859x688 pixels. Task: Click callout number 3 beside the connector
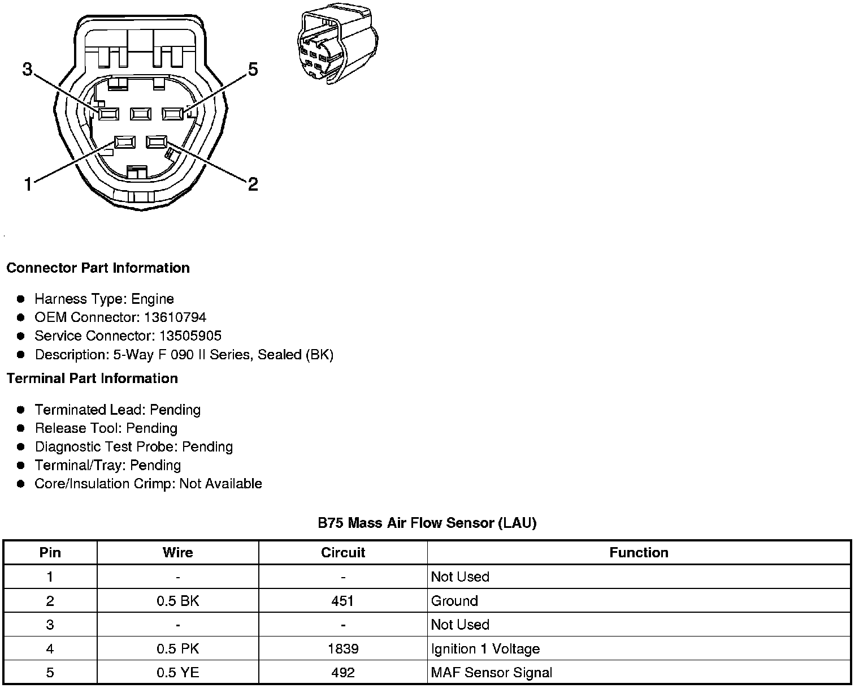click(28, 70)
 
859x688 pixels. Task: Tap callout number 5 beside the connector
click(253, 70)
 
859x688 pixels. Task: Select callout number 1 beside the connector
click(28, 184)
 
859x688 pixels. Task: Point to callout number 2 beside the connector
click(253, 184)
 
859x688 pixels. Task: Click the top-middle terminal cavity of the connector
click(140, 114)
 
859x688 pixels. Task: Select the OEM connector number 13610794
click(175, 317)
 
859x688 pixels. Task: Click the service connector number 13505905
click(190, 336)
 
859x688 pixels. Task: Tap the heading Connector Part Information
click(98, 268)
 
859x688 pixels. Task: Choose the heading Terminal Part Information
click(92, 379)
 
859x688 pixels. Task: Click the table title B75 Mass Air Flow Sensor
click(427, 523)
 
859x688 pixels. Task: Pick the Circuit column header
click(343, 553)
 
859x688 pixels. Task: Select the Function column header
click(639, 553)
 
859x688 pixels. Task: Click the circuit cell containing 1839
click(343, 649)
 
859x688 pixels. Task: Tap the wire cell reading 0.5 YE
click(177, 673)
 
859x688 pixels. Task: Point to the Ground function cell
click(454, 601)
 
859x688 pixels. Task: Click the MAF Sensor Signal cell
click(491, 673)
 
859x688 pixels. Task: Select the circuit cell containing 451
click(343, 601)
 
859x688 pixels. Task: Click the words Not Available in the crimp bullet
click(220, 484)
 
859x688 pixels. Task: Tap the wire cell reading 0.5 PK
click(177, 649)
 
